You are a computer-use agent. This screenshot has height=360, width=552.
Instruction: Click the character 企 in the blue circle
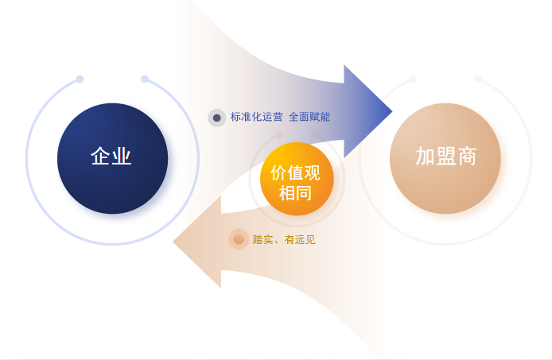(101, 156)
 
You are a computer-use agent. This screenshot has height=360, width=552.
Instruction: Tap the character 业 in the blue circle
(122, 156)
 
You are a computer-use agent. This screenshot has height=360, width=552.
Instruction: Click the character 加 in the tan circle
(425, 157)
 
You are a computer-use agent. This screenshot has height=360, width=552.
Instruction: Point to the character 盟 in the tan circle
(445, 157)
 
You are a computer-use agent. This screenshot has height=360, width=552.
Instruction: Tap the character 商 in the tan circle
(466, 157)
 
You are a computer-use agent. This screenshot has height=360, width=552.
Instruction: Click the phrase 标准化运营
(256, 117)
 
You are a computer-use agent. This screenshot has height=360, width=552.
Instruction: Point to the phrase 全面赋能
(309, 117)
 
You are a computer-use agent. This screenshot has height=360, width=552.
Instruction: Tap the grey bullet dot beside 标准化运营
(216, 118)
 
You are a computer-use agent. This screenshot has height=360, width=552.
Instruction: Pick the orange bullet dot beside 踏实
(238, 239)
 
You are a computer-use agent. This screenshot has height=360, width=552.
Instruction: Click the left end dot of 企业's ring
(80, 79)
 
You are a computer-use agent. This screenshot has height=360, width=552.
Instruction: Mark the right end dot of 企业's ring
(145, 79)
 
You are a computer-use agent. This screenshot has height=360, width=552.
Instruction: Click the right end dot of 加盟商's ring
(477, 79)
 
